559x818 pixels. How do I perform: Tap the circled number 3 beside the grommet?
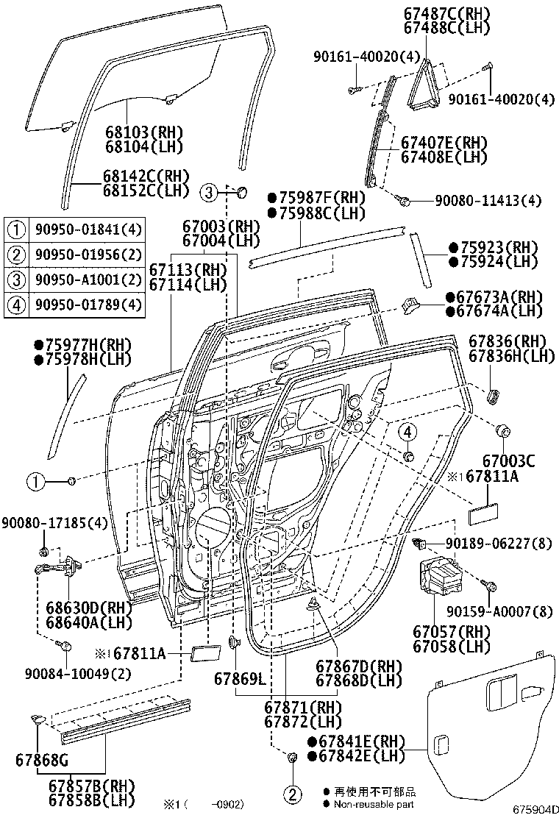pyautogui.click(x=209, y=193)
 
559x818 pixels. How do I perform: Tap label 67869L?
pyautogui.click(x=240, y=677)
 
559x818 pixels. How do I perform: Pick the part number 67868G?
pyautogui.click(x=41, y=758)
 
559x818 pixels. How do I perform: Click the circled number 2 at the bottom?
pyautogui.click(x=292, y=794)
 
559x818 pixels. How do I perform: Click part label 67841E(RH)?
pyautogui.click(x=356, y=741)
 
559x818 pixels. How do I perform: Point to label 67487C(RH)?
pyautogui.click(x=457, y=13)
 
